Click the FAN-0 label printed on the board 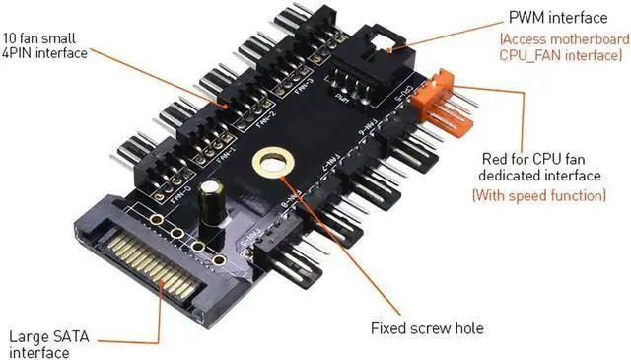coord(181,188)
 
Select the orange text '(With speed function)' coord(538,195)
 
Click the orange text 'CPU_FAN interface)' coord(564,57)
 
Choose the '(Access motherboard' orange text coord(563,39)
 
